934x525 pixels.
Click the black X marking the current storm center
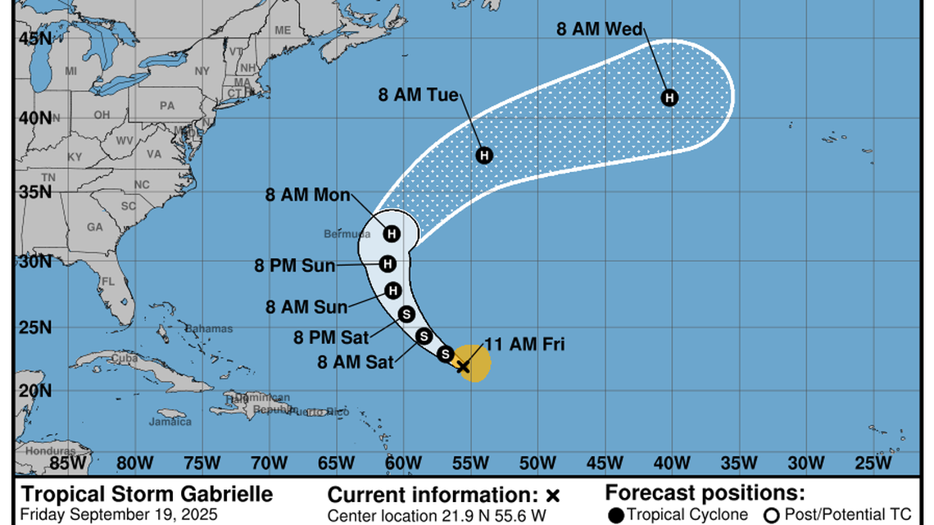(463, 366)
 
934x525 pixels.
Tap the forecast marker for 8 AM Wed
(669, 97)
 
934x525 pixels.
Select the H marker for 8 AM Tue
(484, 155)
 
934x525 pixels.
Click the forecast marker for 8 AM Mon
(392, 233)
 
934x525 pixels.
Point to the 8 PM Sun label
(294, 265)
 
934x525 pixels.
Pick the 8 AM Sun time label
(306, 307)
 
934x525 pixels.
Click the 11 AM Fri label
(524, 344)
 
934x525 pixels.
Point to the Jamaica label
(170, 422)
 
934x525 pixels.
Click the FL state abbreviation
(107, 281)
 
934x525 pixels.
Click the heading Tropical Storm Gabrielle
(147, 495)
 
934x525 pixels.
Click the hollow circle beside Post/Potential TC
(771, 515)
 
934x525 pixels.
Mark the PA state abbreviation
(167, 105)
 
